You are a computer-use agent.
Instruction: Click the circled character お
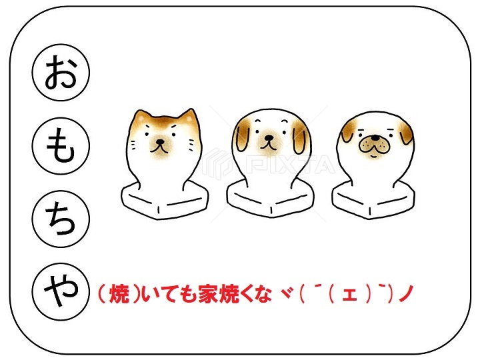[61, 72]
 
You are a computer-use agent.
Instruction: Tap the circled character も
[61, 146]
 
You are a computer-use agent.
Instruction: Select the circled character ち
[61, 219]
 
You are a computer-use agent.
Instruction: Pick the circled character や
[61, 291]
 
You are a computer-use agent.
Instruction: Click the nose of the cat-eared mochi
[160, 142]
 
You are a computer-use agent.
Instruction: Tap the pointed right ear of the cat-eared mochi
[189, 117]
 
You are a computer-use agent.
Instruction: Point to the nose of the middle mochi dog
[269, 137]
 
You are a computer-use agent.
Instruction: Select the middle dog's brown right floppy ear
[299, 139]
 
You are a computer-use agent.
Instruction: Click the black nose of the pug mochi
[375, 137]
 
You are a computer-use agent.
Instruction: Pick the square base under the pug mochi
[373, 199]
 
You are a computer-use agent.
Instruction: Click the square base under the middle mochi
[271, 198]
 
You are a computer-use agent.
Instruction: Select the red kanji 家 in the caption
[208, 293]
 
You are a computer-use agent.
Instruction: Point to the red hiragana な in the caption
[262, 293]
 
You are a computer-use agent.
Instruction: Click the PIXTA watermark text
[290, 165]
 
